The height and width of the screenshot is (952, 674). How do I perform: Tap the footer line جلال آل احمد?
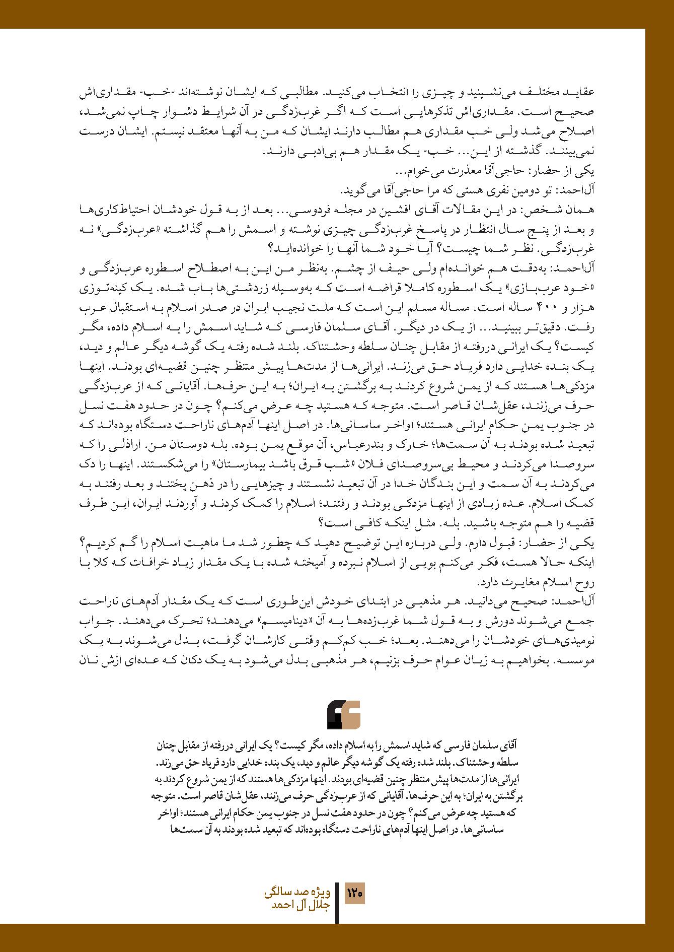pyautogui.click(x=301, y=905)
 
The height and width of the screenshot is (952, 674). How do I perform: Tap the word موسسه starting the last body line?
pyautogui.click(x=580, y=660)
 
